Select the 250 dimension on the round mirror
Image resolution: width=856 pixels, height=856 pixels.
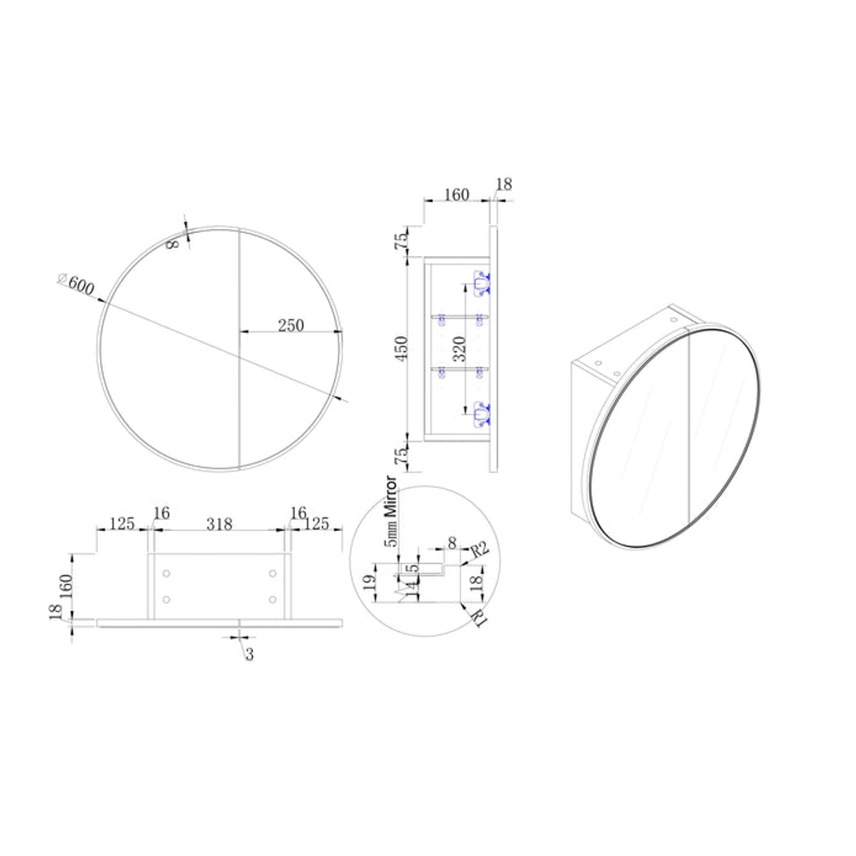(x=291, y=325)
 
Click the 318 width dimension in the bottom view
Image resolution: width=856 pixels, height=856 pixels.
(x=220, y=524)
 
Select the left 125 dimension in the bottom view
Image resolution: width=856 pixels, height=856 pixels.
(x=121, y=524)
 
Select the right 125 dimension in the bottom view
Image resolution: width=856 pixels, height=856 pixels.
(x=318, y=524)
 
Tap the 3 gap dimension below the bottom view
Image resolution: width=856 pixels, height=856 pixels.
(x=249, y=655)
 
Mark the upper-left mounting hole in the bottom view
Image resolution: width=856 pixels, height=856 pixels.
(x=166, y=573)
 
